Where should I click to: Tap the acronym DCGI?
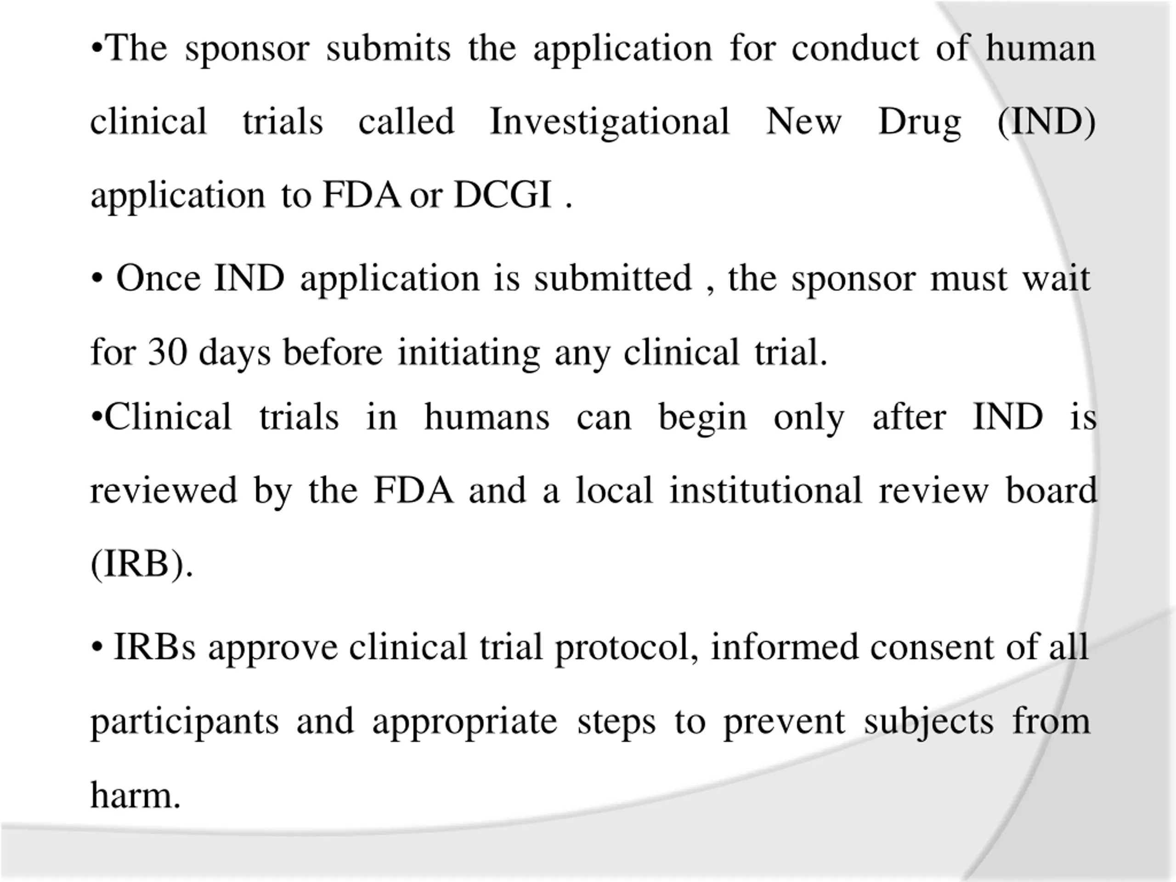click(503, 195)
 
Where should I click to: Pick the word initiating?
click(469, 353)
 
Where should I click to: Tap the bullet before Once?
click(97, 278)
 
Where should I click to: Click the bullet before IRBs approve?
click(97, 648)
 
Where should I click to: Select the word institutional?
click(765, 490)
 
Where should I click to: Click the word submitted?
click(613, 278)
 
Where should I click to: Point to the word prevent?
click(784, 722)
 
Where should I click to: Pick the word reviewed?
click(164, 490)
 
